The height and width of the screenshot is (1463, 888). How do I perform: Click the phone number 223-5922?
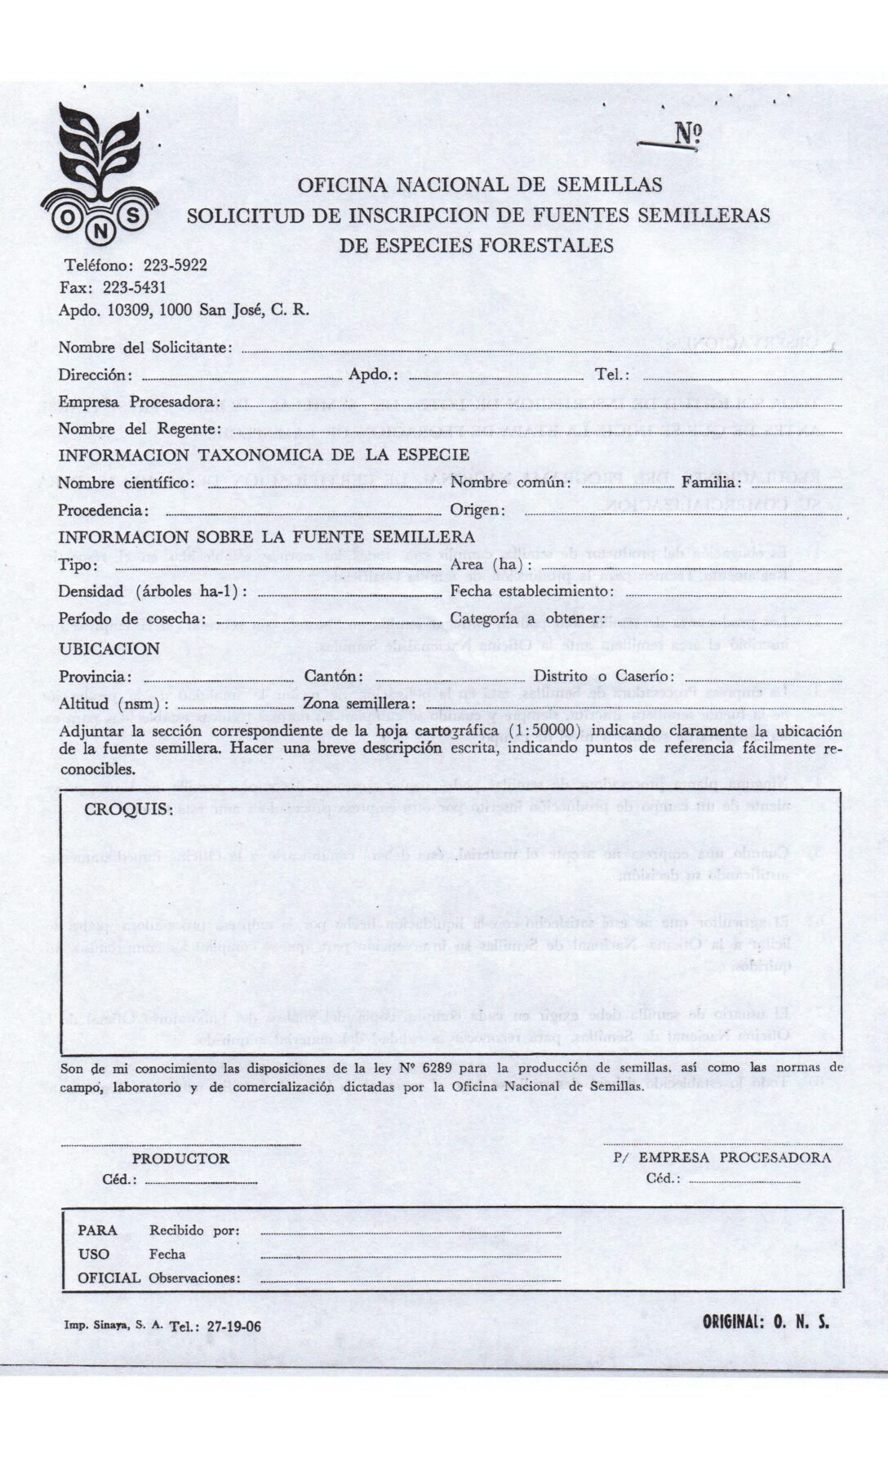(x=175, y=265)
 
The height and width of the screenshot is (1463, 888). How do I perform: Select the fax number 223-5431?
(x=134, y=287)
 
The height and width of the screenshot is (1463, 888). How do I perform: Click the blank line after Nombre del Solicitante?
(x=539, y=350)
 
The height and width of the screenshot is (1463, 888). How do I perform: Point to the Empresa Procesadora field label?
(x=139, y=402)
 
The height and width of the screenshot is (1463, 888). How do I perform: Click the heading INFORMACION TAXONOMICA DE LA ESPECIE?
(x=264, y=455)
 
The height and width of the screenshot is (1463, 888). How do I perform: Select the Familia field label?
(x=711, y=482)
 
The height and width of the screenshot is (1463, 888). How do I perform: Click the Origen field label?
(x=477, y=510)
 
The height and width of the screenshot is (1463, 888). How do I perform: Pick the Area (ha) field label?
(x=491, y=565)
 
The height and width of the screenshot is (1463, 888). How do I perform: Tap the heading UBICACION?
(x=109, y=648)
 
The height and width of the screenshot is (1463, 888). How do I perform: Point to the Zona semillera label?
(x=360, y=704)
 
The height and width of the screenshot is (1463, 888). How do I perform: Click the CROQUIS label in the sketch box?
(x=129, y=809)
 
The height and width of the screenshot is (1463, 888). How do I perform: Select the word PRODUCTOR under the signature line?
(x=180, y=1158)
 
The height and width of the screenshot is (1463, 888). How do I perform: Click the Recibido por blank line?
(x=411, y=1230)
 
